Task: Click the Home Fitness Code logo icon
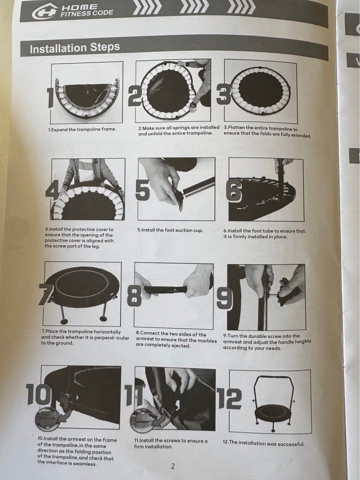click(44, 11)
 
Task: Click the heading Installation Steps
click(74, 48)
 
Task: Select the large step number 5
click(142, 190)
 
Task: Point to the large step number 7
click(46, 294)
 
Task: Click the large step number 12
click(229, 398)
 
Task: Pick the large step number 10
click(38, 394)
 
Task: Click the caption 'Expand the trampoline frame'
click(82, 129)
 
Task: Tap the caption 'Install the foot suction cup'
click(170, 230)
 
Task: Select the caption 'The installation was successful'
click(263, 443)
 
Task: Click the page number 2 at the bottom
click(173, 466)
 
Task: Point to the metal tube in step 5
click(198, 186)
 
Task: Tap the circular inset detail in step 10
click(47, 419)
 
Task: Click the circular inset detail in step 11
click(142, 420)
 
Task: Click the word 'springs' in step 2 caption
click(182, 127)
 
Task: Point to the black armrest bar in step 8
click(166, 289)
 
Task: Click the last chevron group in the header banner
click(241, 7)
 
